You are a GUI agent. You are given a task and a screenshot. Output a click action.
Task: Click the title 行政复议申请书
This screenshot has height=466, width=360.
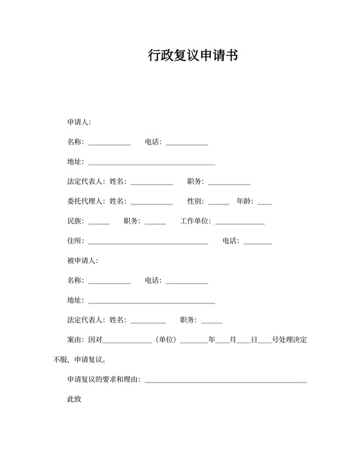click(193, 56)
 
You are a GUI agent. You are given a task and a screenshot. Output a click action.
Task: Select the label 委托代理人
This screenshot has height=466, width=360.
click(85, 201)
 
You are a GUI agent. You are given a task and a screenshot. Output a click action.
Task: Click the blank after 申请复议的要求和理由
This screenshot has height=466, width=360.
click(226, 382)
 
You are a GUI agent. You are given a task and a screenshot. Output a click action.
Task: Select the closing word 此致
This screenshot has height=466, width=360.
click(75, 400)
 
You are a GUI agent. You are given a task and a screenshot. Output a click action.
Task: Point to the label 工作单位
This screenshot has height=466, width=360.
click(195, 221)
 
